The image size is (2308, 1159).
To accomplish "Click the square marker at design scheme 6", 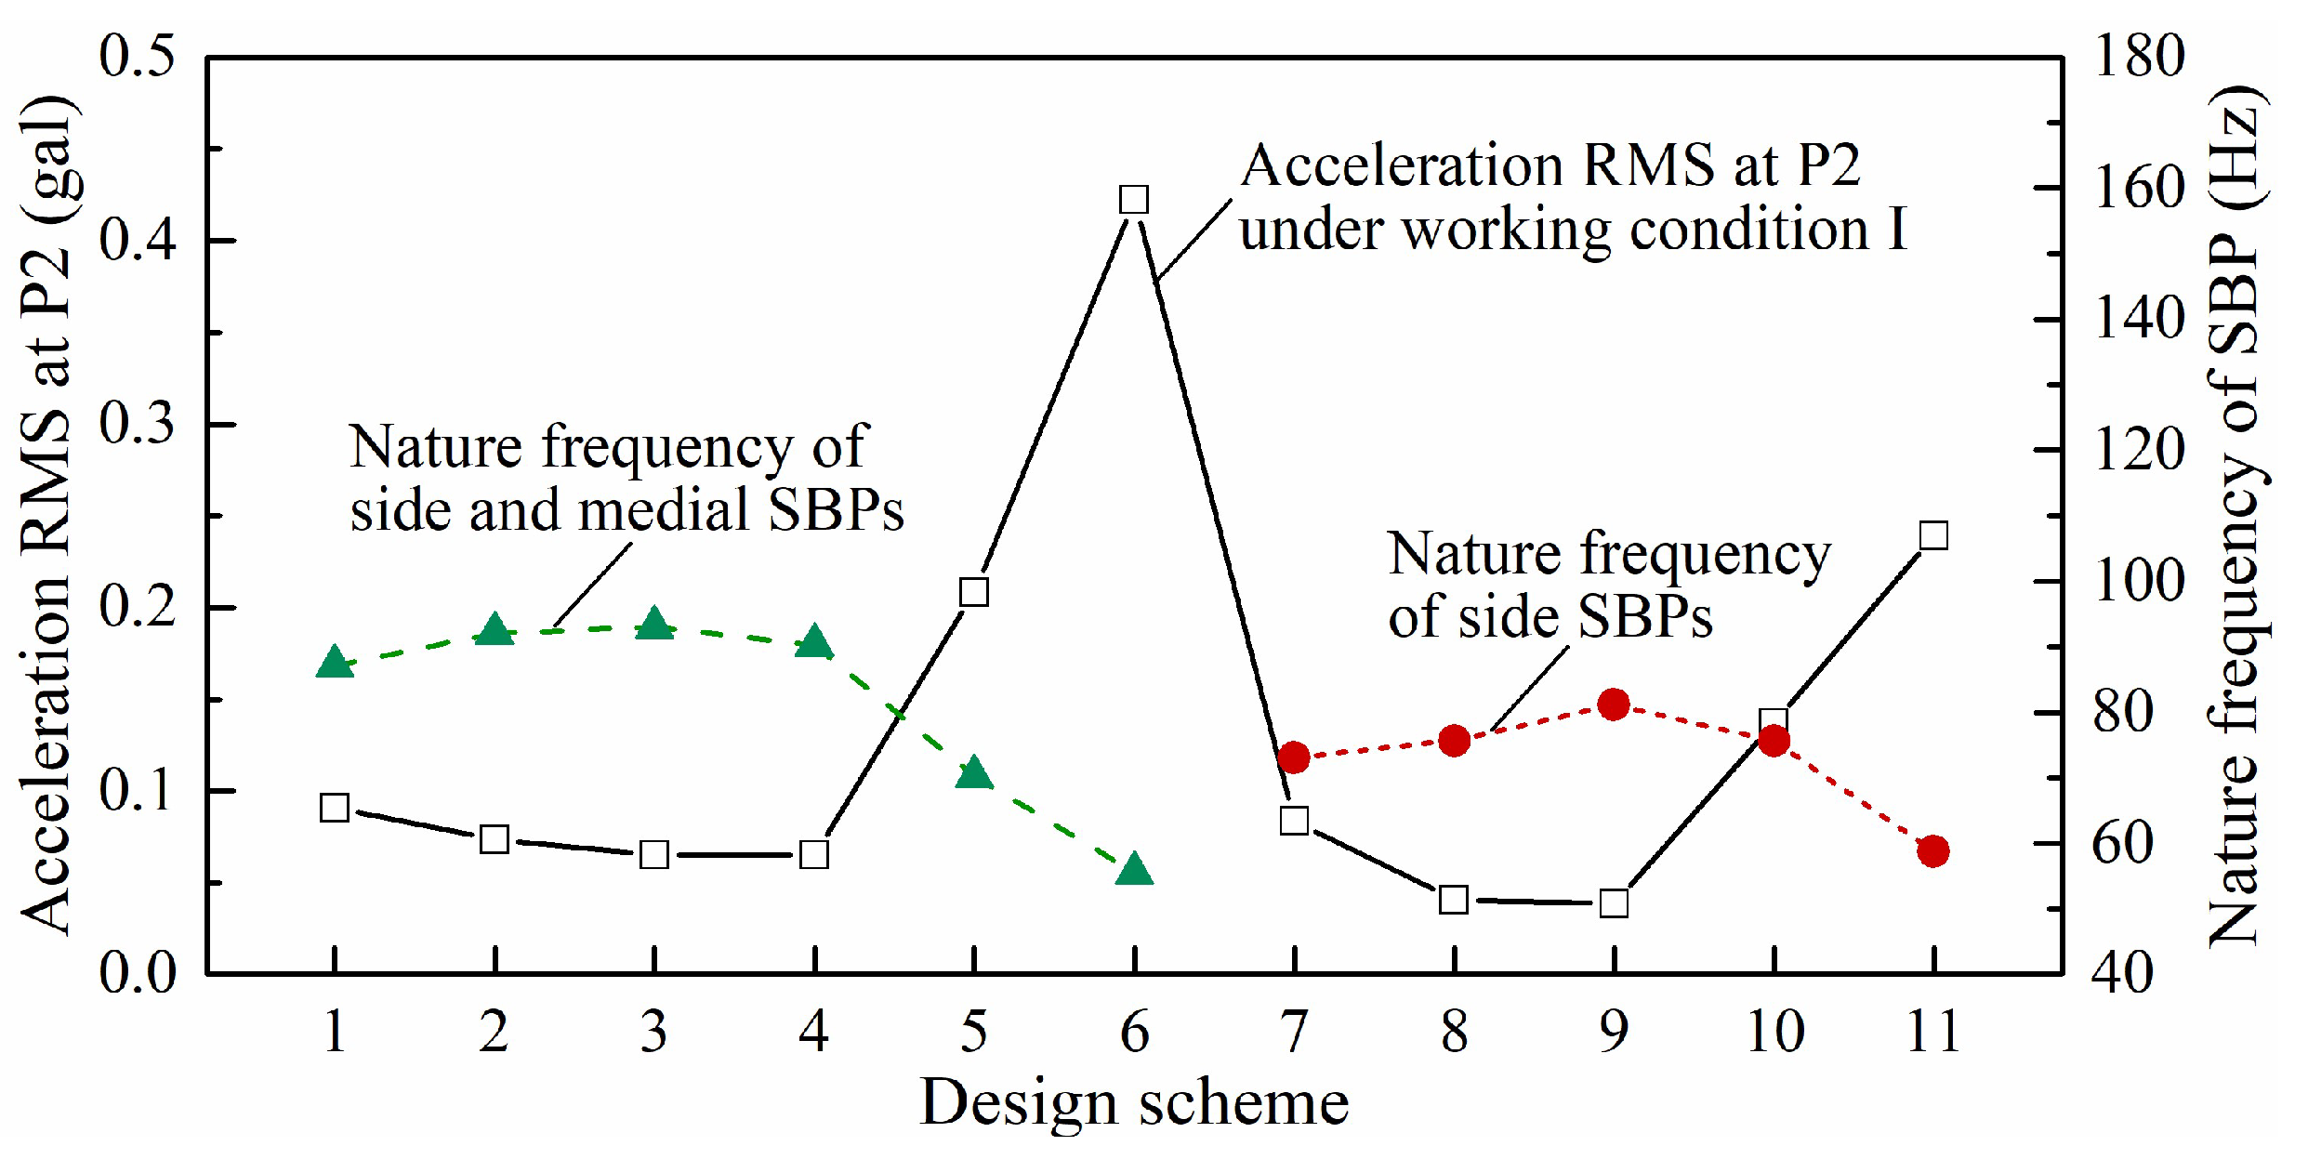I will pos(1134,200).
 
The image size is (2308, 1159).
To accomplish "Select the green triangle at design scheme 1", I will pos(335,664).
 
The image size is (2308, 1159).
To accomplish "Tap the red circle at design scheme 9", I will pos(1614,705).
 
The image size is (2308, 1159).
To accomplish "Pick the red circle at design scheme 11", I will pos(1933,850).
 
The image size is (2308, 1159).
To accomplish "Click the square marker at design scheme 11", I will pos(1933,536).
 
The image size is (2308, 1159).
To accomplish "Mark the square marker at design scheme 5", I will pos(974,592).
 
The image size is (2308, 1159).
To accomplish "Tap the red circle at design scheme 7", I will pos(1294,757).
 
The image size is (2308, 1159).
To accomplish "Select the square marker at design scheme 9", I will pos(1614,902).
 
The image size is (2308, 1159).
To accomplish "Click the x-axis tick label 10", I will pos(1774,1032).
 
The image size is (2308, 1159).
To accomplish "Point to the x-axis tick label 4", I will pos(814,1032).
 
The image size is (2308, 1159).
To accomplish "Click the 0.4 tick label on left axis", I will pos(138,240).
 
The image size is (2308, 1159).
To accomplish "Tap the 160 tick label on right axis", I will pos(2138,188).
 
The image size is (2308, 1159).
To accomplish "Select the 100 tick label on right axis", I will pos(2138,582).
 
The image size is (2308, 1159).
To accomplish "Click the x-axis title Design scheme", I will pos(1134,1103).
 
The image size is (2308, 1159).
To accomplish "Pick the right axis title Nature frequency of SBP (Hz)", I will pos(2235,516).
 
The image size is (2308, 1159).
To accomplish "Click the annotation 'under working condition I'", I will pos(1573,229).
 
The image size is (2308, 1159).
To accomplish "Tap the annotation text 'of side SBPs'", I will pos(1550,616).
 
